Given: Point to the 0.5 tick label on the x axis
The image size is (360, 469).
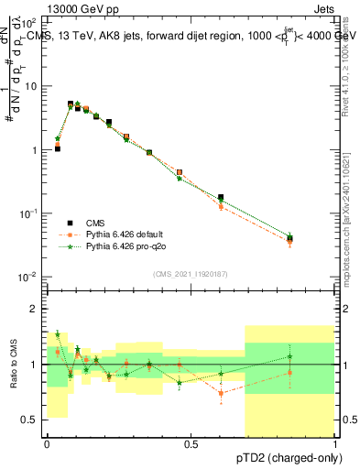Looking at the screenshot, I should point(191,443).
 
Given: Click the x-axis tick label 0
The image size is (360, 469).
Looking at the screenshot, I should point(47,443).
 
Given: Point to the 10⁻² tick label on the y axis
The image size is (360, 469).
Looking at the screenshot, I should point(28,277).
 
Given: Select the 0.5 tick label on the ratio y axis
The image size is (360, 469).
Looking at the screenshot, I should point(29,420).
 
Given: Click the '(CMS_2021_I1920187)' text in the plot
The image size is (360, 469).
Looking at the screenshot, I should point(191,274).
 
